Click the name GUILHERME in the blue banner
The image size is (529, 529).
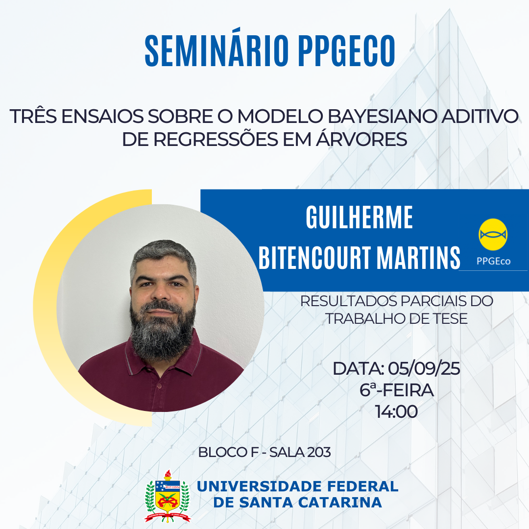pyautogui.click(x=360, y=217)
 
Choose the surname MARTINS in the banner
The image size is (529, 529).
pyautogui.click(x=418, y=258)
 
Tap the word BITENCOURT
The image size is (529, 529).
pyautogui.click(x=315, y=258)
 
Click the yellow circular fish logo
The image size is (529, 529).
pyautogui.click(x=493, y=235)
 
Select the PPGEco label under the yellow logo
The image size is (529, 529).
pyautogui.click(x=493, y=261)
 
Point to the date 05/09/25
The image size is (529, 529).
pyautogui.click(x=424, y=368)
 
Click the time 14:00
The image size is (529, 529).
pyautogui.click(x=396, y=411)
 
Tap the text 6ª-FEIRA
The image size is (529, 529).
pyautogui.click(x=396, y=390)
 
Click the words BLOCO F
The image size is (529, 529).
pyautogui.click(x=228, y=453)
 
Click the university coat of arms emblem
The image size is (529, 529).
pyautogui.click(x=168, y=496)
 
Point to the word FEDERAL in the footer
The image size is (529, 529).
pyautogui.click(x=362, y=486)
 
